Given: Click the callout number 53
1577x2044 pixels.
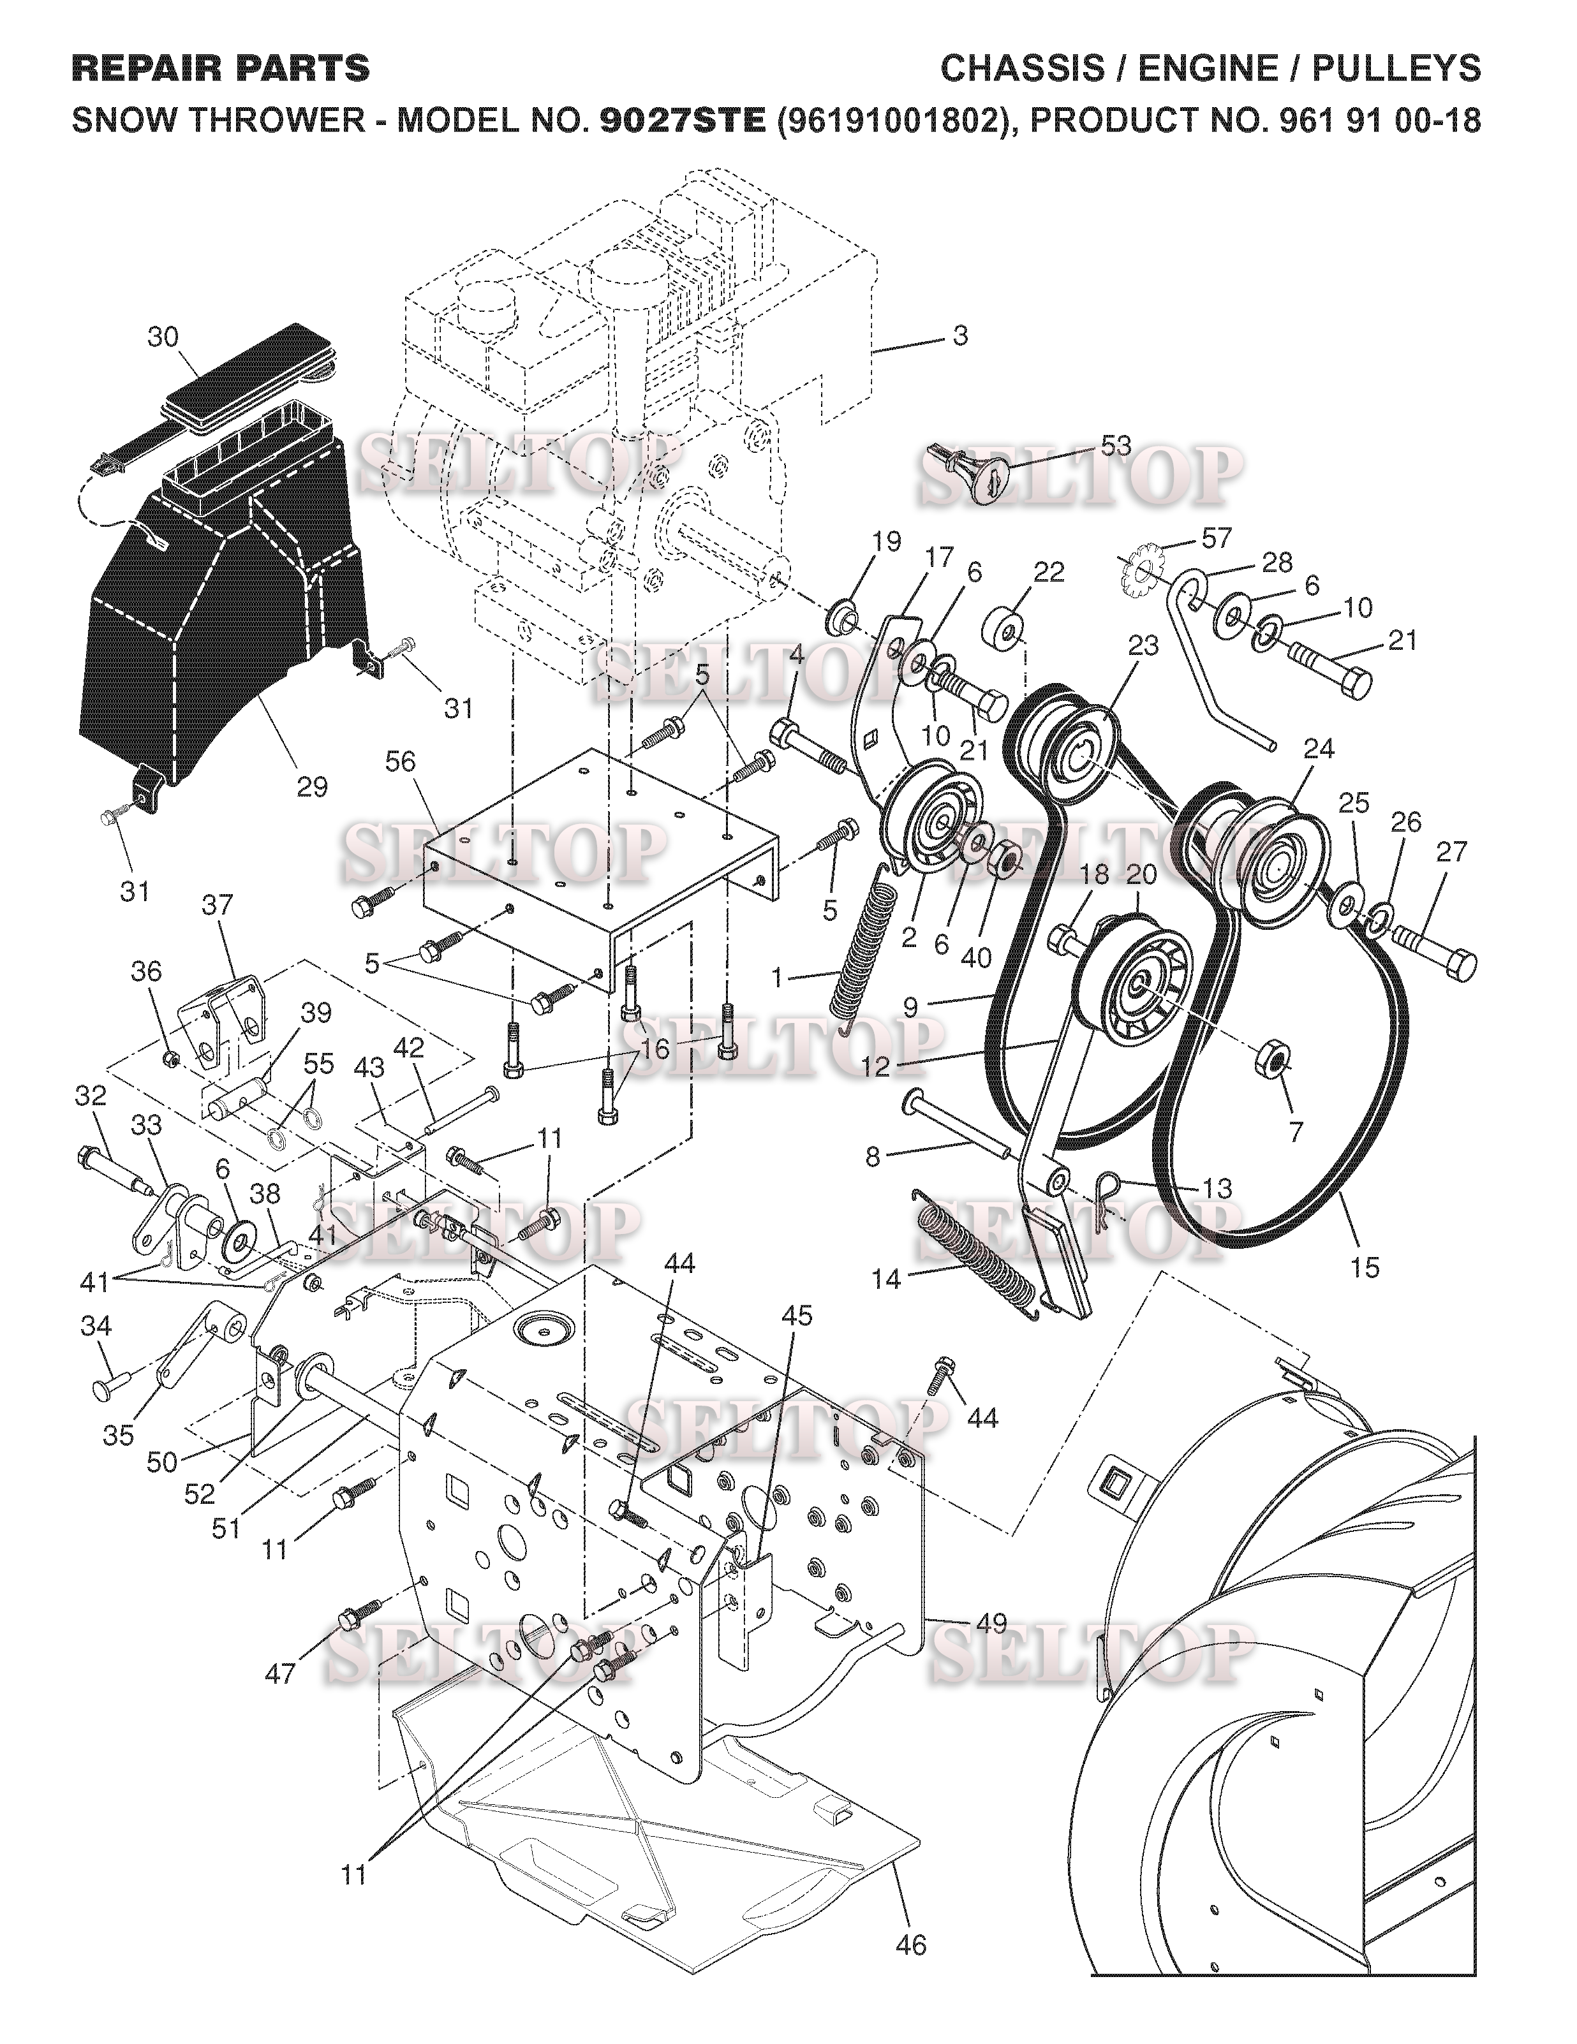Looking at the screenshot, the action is tap(1116, 446).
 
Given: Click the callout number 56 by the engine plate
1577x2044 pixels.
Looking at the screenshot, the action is tap(401, 763).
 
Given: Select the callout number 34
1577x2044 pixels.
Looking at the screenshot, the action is tap(96, 1325).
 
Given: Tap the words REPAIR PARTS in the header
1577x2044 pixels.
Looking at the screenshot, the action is tap(221, 68).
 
